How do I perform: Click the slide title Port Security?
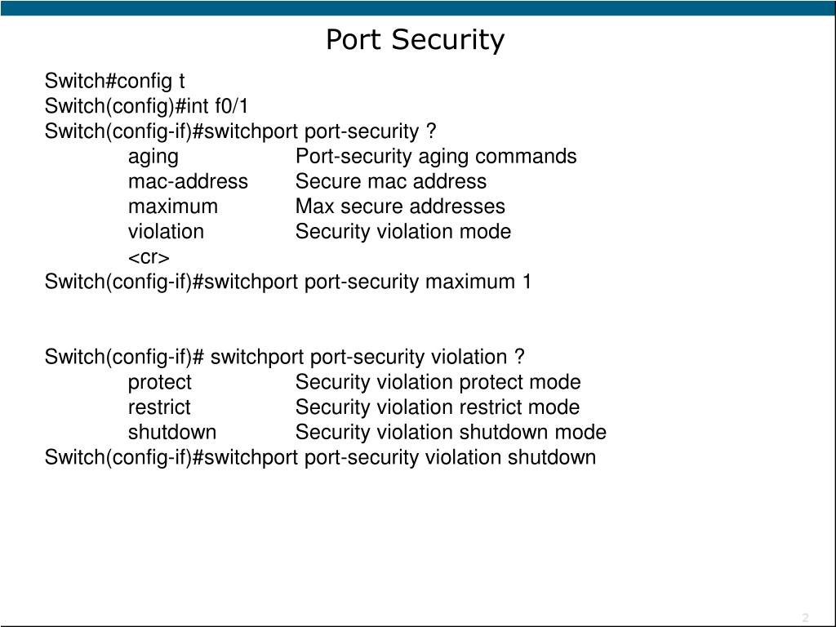coord(415,39)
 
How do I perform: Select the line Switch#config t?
coord(115,81)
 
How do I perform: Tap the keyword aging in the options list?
coord(153,157)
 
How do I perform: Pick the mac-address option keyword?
coord(188,181)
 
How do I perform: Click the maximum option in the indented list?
coord(172,207)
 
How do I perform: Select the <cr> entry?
coord(149,257)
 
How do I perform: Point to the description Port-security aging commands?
coord(436,157)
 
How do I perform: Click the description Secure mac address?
coord(390,181)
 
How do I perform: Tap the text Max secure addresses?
coord(400,207)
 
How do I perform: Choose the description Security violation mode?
coord(403,232)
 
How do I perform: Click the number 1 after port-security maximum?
coord(527,282)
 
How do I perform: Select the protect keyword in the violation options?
coord(159,382)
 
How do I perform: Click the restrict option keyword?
coord(159,407)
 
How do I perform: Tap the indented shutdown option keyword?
coord(172,433)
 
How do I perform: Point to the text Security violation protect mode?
coord(438,382)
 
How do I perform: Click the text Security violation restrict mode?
coord(438,407)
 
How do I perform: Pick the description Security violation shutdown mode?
coord(451,433)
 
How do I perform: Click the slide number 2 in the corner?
coord(805,616)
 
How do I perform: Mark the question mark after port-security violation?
coord(520,358)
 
